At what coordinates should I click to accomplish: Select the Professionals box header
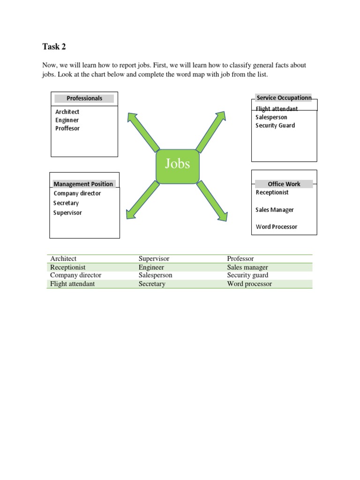[84, 98]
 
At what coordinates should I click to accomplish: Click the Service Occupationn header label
[284, 98]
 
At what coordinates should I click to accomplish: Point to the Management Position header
[83, 184]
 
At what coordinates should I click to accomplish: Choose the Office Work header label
[284, 184]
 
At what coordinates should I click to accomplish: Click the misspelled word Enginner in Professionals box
[67, 120]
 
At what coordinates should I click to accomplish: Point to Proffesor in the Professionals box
[67, 128]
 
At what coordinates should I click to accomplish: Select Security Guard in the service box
[275, 126]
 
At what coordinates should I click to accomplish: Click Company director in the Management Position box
[77, 194]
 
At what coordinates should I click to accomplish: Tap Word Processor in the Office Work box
[277, 227]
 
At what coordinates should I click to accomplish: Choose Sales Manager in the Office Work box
[275, 210]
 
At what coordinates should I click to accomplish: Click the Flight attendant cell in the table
[73, 284]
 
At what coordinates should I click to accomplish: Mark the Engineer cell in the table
[151, 267]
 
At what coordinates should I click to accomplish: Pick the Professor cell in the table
[240, 259]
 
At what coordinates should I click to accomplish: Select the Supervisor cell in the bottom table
[154, 259]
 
